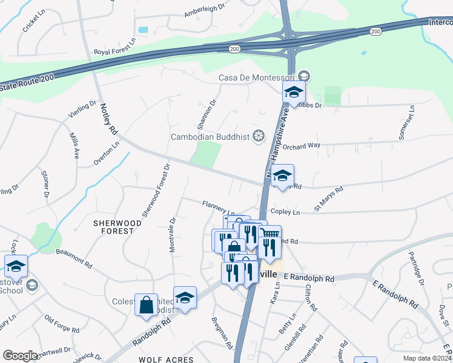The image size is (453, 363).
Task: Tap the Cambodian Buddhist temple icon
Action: pos(259,136)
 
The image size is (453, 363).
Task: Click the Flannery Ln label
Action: pos(218,208)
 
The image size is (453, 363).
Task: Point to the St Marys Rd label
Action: pos(328,198)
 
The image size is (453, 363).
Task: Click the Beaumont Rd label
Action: pos(74,258)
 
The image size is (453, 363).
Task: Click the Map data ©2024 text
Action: pos(428,358)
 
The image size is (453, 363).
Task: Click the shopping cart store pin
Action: pos(271,234)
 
